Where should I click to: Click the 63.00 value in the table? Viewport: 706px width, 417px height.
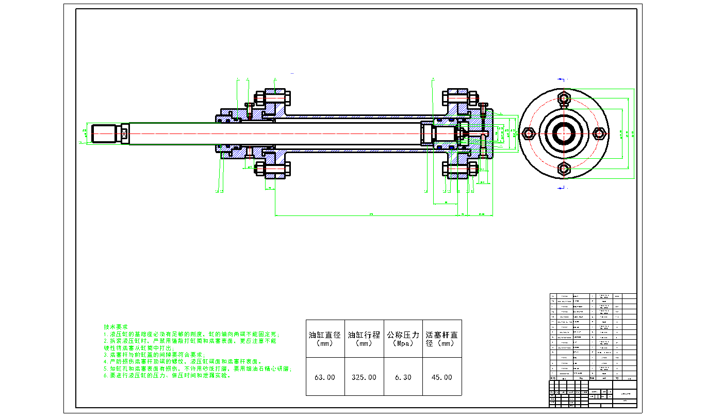pyautogui.click(x=325, y=377)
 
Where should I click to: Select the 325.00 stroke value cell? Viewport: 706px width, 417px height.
pyautogui.click(x=364, y=377)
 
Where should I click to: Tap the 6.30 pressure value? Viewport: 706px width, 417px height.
pyautogui.click(x=403, y=377)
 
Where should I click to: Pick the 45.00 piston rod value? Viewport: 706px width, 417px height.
pyautogui.click(x=441, y=377)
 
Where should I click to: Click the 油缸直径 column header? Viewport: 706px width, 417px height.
pyautogui.click(x=325, y=339)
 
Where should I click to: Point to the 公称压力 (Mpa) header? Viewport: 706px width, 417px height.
pyautogui.click(x=403, y=339)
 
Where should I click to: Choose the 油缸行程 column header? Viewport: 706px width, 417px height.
pyautogui.click(x=364, y=339)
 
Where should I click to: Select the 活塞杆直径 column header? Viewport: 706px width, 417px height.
pyautogui.click(x=441, y=339)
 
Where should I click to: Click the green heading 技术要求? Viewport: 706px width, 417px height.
pyautogui.click(x=116, y=327)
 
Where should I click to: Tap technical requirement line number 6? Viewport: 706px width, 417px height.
pyautogui.click(x=168, y=376)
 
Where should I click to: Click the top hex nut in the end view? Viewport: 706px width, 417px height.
pyautogui.click(x=564, y=98)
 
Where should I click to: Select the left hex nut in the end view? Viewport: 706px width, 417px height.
pyautogui.click(x=529, y=134)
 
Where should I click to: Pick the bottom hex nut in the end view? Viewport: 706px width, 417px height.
pyautogui.click(x=564, y=168)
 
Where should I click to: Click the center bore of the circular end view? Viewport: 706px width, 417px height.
pyautogui.click(x=564, y=134)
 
